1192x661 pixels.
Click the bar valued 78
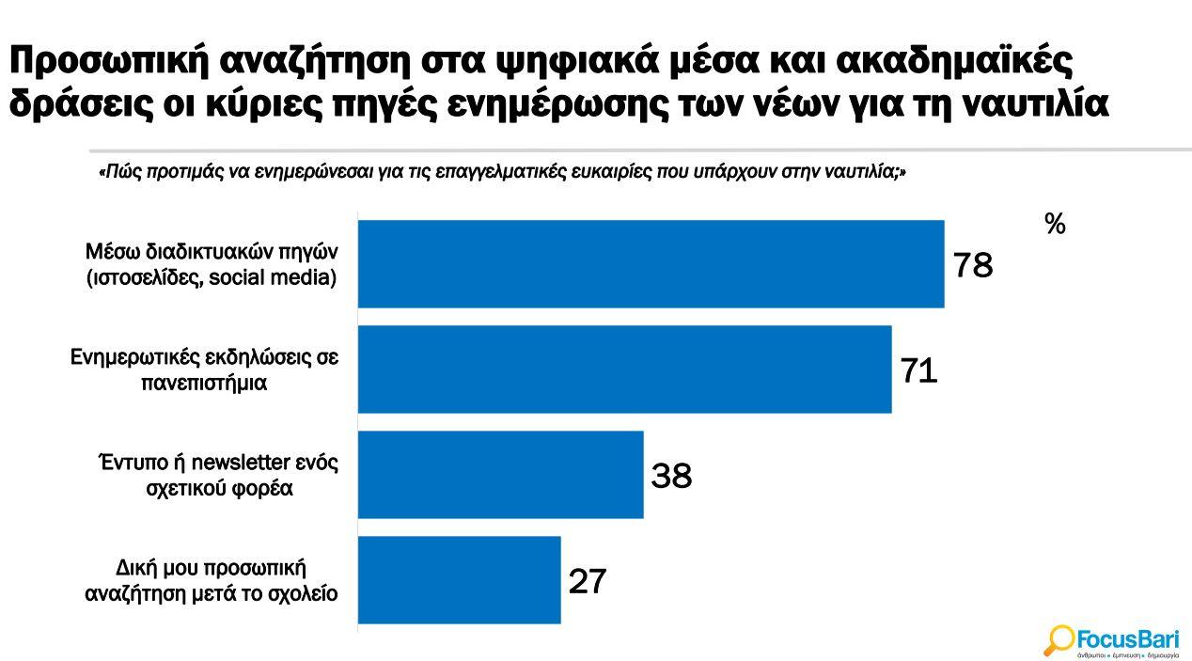(651, 264)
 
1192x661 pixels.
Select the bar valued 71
(624, 370)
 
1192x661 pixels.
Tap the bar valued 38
(500, 475)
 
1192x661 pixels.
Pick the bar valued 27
(459, 580)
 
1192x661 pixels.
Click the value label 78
(973, 266)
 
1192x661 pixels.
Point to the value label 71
(918, 371)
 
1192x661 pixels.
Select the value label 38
(671, 477)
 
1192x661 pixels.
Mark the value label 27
(588, 582)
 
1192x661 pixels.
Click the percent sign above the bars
(1055, 225)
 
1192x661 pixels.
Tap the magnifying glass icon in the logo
(1059, 640)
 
